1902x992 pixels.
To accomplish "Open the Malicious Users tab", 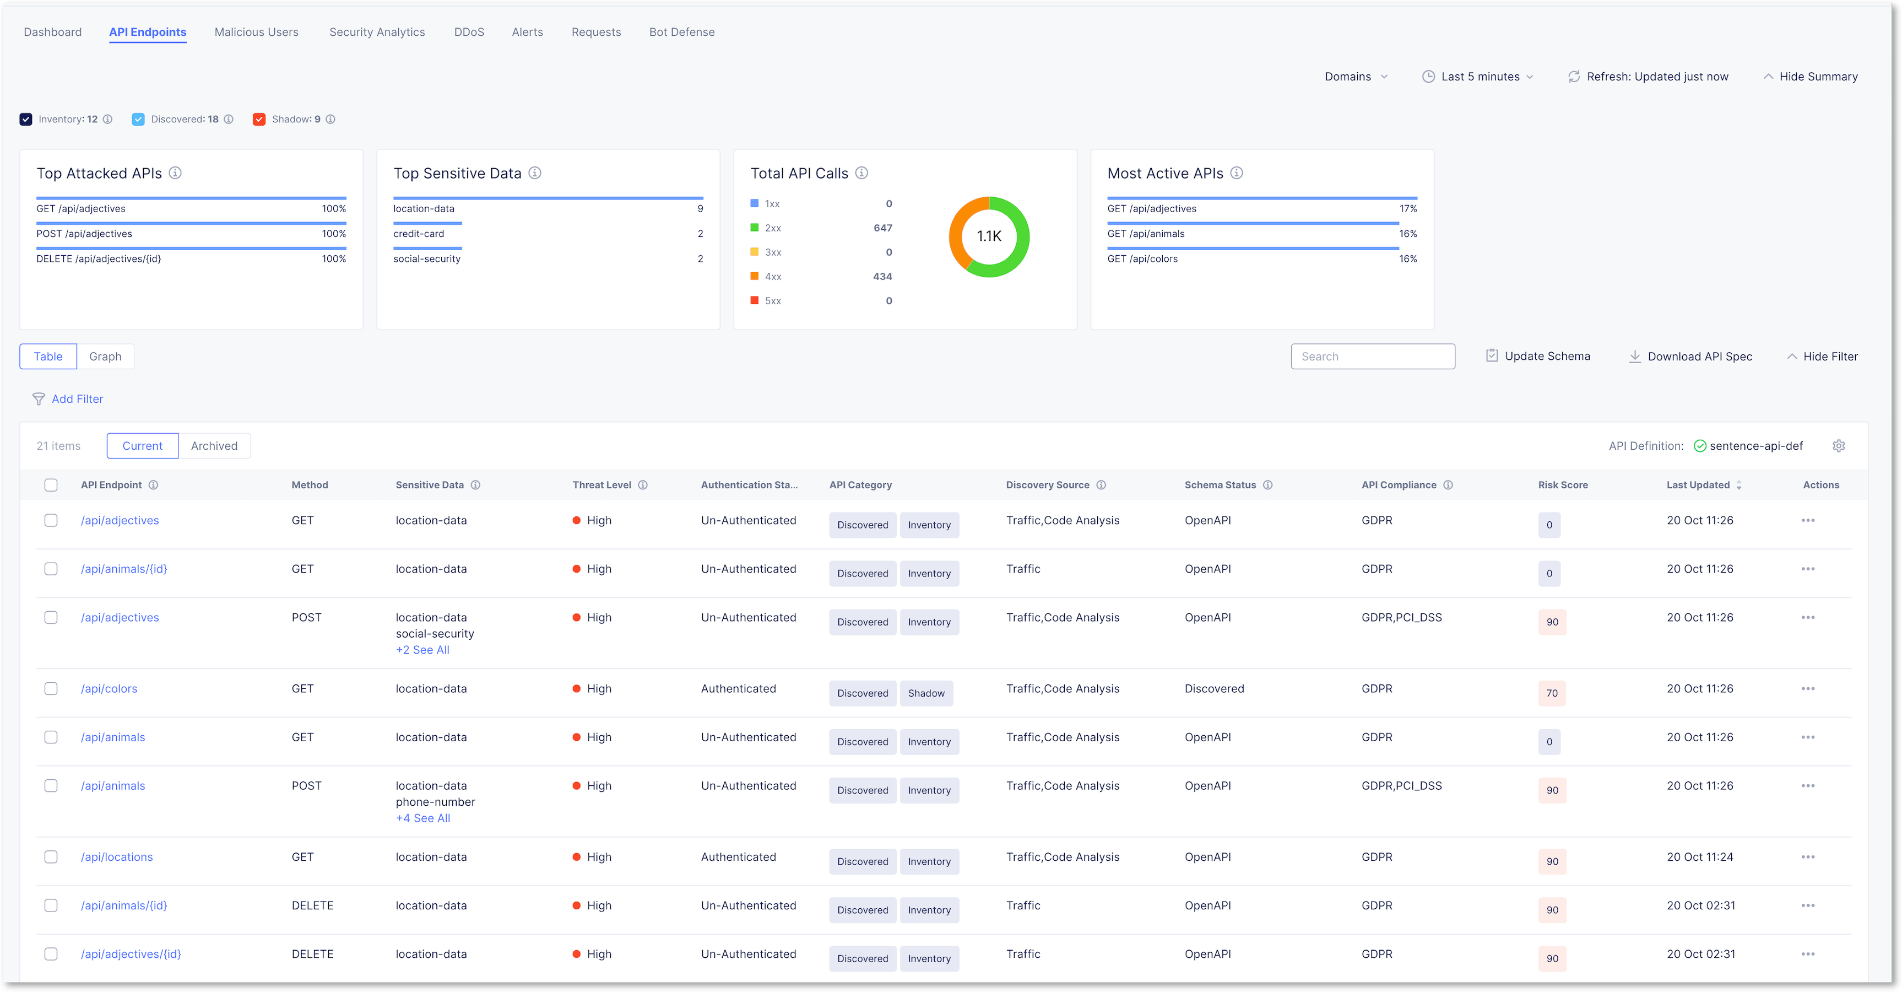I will [256, 32].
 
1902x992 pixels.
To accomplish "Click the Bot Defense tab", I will [681, 32].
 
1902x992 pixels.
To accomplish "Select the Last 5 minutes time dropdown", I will [1479, 76].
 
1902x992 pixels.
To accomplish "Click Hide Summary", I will [1811, 76].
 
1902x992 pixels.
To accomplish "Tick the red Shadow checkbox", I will [259, 119].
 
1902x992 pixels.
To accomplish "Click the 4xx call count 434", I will [882, 276].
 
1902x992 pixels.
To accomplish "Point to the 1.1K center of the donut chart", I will [989, 236].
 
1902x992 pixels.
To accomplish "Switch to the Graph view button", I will [105, 356].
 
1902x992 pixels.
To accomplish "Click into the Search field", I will [1373, 356].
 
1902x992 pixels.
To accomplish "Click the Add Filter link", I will [77, 399].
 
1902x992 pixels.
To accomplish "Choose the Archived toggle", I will [214, 445].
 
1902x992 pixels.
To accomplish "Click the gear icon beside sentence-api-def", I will [1839, 445].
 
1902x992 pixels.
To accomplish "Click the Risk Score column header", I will [1562, 484].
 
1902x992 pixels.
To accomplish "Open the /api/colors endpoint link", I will [109, 688].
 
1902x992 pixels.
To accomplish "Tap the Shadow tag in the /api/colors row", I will [926, 693].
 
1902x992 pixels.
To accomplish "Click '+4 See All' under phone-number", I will [423, 818].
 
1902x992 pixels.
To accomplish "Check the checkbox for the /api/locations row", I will [51, 857].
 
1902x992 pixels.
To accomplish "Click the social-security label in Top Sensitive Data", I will [427, 258].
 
